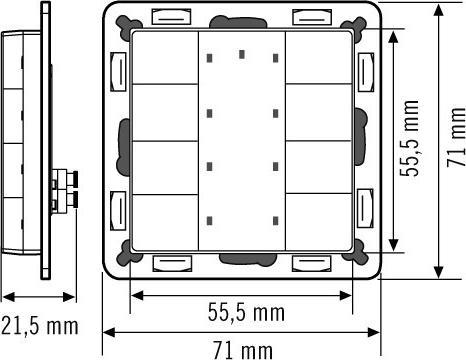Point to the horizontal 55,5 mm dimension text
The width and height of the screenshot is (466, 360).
coord(242,313)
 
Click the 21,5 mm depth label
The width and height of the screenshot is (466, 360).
coord(39,325)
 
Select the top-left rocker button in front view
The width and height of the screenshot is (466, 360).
coord(166,56)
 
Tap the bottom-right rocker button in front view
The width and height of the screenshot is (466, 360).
coord(318,221)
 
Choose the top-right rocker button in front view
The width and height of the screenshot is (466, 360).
coord(318,56)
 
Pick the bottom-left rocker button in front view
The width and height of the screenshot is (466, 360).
coord(166,221)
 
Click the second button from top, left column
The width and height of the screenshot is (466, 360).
coord(166,111)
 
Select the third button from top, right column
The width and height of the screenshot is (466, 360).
coord(318,166)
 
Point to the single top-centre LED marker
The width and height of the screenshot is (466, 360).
coord(242,53)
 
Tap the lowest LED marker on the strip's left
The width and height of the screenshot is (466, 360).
coord(210,220)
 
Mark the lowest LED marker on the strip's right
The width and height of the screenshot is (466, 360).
coord(274,220)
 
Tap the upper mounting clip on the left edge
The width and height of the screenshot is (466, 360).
coord(118,70)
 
